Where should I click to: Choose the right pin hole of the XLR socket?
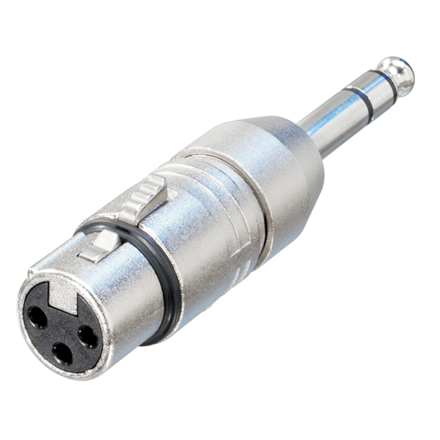(87, 336)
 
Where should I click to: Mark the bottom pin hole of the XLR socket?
(63, 354)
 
